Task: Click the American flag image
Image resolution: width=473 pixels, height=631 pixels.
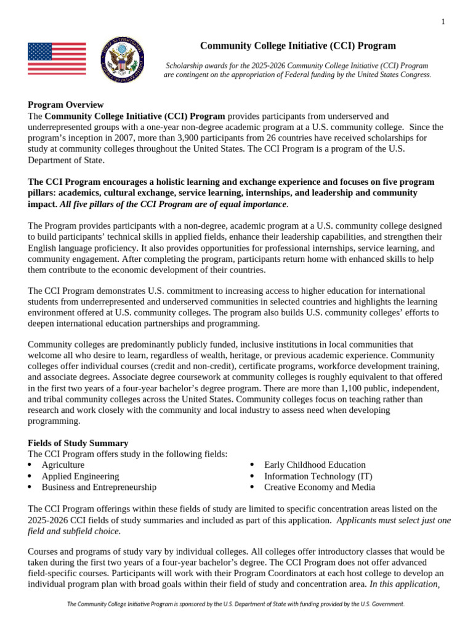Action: (x=57, y=59)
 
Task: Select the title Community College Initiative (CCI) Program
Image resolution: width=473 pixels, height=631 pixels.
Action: (x=298, y=46)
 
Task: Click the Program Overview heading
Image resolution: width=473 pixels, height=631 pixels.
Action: (x=66, y=105)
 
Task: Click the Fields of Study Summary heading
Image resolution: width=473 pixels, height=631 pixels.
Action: (x=78, y=443)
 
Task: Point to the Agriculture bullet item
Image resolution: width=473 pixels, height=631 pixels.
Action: (x=63, y=465)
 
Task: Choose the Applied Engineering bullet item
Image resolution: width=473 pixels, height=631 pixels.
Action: (x=80, y=476)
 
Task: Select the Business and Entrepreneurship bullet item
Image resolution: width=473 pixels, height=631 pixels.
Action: (x=99, y=487)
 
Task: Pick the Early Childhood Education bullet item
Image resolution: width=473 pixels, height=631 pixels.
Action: (x=315, y=465)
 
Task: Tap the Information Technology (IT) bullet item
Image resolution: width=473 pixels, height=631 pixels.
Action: (x=318, y=476)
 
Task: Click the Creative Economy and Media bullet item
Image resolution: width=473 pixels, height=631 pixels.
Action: (x=319, y=487)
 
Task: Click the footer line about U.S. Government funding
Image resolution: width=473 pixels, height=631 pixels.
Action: (x=236, y=605)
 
